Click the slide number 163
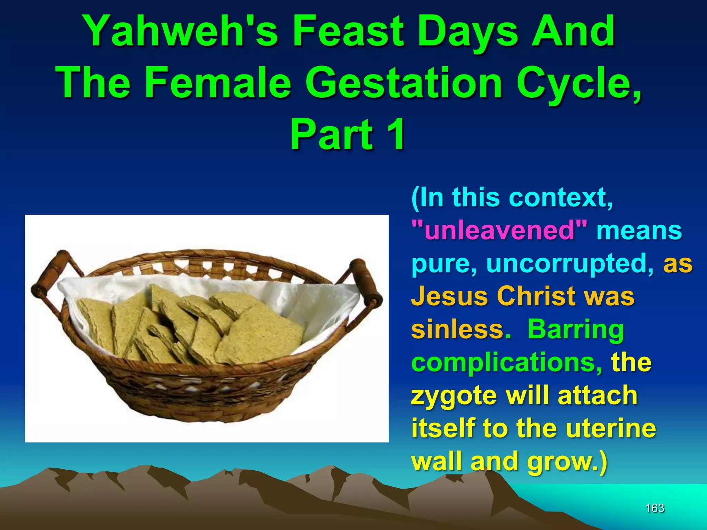tap(655, 508)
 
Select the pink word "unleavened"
tap(499, 230)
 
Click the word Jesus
tap(449, 296)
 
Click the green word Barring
tap(575, 330)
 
